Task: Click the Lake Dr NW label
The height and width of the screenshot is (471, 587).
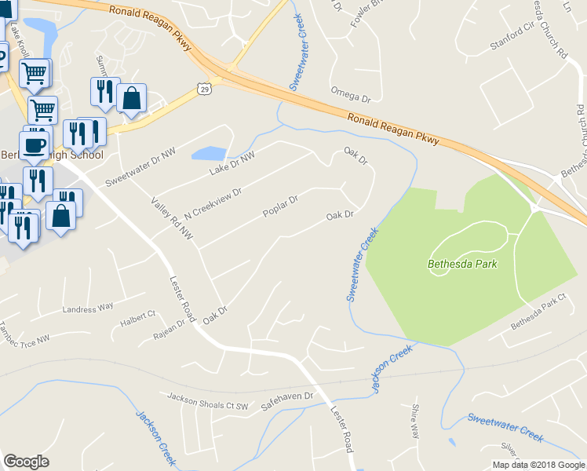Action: pos(232,164)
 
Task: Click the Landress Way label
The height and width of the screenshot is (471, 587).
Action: pos(88,307)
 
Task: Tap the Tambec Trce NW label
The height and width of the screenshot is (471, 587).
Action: pos(24,333)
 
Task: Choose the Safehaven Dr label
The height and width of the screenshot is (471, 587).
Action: pos(286,397)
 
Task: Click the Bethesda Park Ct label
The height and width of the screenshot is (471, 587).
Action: pos(538,312)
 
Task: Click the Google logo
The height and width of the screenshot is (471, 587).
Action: pos(26,462)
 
